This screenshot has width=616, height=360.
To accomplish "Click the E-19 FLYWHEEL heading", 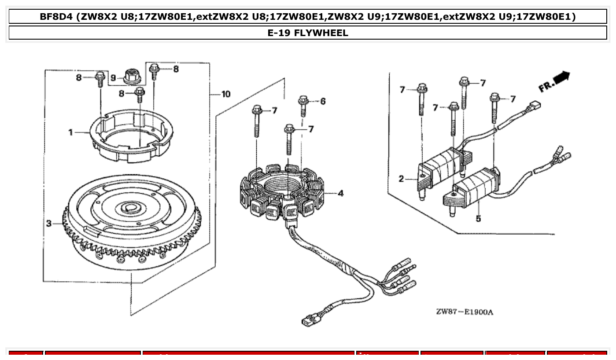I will [308, 33].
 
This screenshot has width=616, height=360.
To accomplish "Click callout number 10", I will [225, 94].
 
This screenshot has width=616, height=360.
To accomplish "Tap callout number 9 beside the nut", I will [113, 78].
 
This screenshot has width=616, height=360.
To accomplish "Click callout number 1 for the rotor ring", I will [70, 132].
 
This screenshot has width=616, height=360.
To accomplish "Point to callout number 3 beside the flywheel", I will [49, 224].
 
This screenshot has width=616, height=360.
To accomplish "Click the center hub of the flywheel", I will [131, 206].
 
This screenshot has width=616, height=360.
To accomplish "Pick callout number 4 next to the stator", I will [340, 193].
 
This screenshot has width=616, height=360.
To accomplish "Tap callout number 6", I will [323, 102].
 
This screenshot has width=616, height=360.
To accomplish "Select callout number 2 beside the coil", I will [401, 179].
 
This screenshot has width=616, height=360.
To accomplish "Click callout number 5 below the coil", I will [478, 218].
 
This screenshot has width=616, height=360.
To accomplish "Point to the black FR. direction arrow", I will [561, 78].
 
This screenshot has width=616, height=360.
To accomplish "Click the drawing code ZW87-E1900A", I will [465, 312].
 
